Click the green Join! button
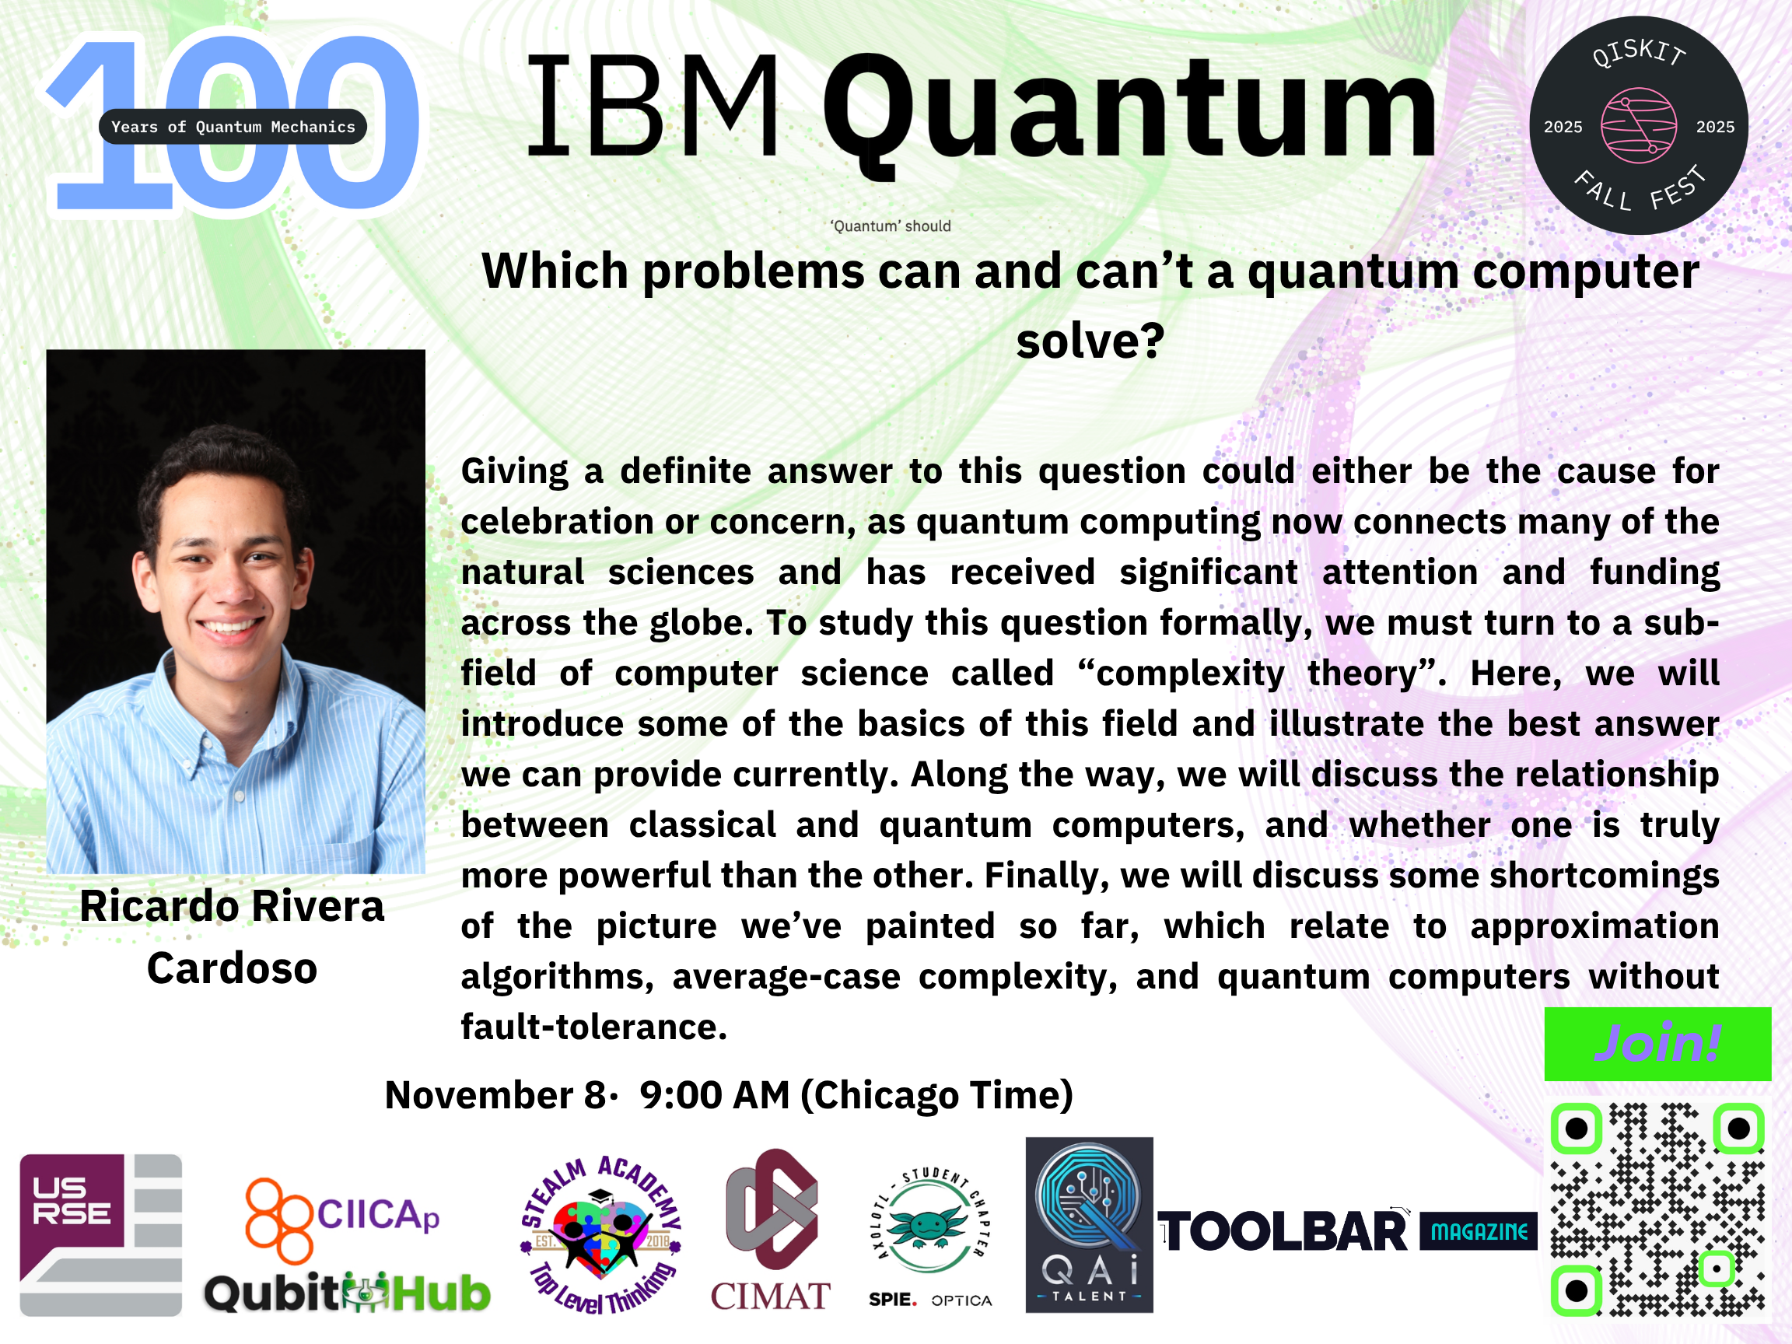coord(1657,1044)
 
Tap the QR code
coord(1657,1210)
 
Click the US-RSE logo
coord(100,1234)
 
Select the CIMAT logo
coord(771,1230)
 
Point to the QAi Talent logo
coord(1089,1224)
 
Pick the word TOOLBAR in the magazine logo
coord(1283,1231)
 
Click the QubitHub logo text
coord(348,1293)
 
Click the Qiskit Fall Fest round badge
coord(1638,125)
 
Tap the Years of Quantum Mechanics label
coord(233,126)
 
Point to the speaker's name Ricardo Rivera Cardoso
coord(233,937)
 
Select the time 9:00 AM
coord(715,1095)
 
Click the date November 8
coord(495,1095)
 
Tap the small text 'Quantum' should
coord(891,226)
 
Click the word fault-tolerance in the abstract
coord(593,1027)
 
